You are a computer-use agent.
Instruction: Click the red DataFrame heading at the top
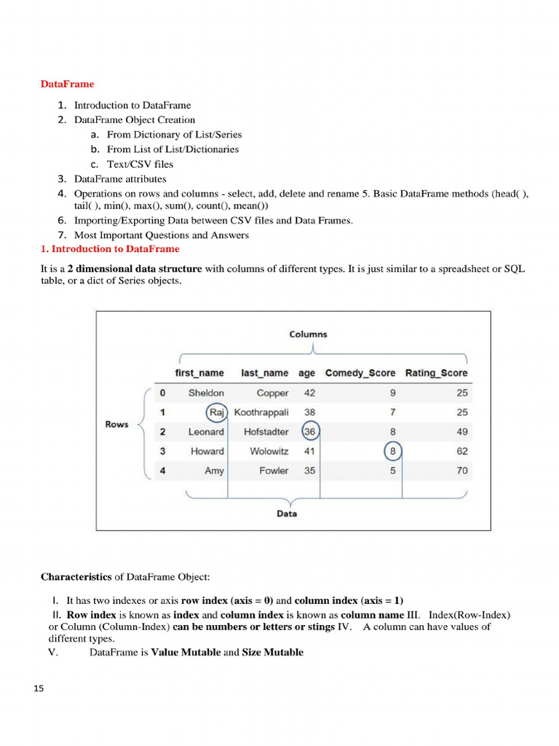[67, 84]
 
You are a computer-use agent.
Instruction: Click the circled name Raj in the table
[216, 412]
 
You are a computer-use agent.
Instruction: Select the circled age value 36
[310, 432]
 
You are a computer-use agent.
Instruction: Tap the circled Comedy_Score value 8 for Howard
[392, 452]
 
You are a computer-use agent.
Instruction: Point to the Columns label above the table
[308, 334]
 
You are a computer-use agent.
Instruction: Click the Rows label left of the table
[116, 425]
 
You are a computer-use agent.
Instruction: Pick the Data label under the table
[287, 514]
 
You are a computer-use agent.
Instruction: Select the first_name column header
[199, 373]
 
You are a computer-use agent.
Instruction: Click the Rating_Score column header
[436, 373]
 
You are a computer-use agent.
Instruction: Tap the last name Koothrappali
[261, 412]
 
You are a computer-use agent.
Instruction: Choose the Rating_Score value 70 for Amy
[462, 471]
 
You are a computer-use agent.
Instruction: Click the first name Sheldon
[206, 393]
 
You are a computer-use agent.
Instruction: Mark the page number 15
[39, 688]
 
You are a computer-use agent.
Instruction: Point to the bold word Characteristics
[76, 577]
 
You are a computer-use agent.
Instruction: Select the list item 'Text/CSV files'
[140, 164]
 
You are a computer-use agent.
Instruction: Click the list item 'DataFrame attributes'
[120, 178]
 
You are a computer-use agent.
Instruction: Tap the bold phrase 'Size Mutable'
[272, 652]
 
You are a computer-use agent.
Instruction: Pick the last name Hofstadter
[266, 432]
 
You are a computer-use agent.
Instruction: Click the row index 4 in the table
[162, 471]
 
